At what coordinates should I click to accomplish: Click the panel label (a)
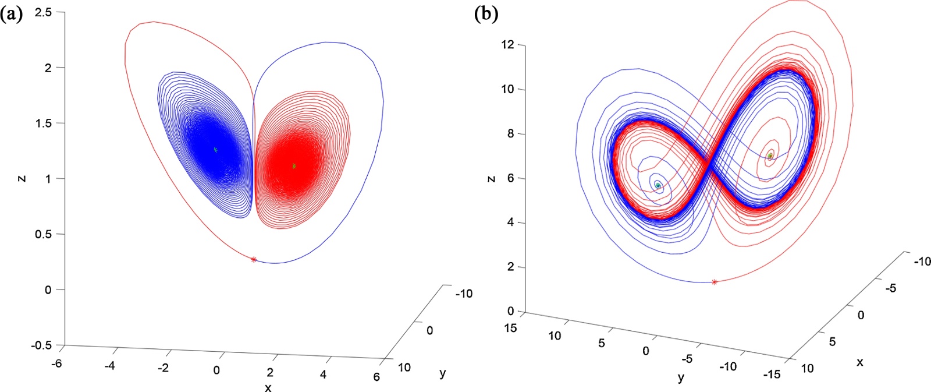(12, 15)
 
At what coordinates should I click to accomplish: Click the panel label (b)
(486, 15)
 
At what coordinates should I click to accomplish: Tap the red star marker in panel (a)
(254, 259)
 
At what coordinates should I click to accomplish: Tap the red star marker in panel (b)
(715, 282)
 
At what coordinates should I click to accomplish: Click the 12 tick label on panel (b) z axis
(508, 45)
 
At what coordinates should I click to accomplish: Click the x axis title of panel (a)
(268, 387)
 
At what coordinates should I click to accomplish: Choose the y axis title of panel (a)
(443, 373)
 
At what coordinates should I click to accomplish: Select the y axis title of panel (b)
(681, 377)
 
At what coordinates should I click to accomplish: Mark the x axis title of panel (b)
(859, 362)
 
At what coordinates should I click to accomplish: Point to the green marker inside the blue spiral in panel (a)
(215, 150)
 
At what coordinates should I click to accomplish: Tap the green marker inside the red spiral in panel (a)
(294, 166)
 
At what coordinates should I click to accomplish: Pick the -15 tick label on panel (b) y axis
(773, 374)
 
